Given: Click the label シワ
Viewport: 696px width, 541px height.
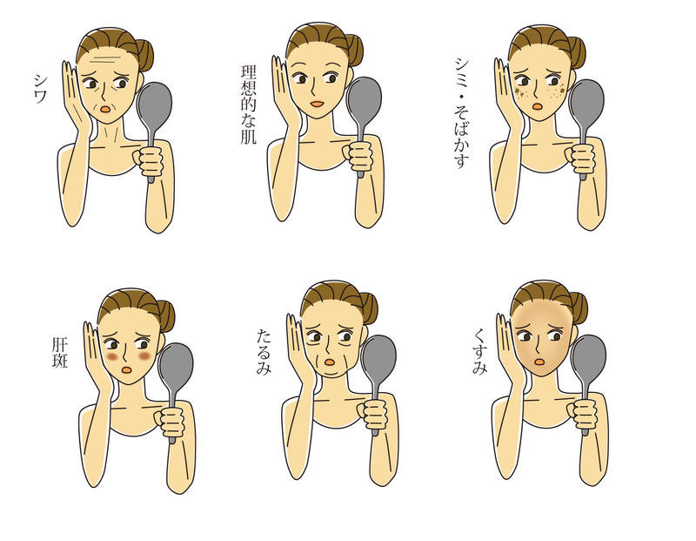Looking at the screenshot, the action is pyautogui.click(x=40, y=89).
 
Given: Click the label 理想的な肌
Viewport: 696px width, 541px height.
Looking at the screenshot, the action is pyautogui.click(x=249, y=105).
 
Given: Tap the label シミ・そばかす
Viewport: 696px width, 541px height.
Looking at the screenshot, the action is pyautogui.click(x=461, y=113).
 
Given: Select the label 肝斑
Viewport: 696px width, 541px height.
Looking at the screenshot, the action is pyautogui.click(x=59, y=353).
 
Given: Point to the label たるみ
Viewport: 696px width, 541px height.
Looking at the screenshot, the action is pyautogui.click(x=264, y=351).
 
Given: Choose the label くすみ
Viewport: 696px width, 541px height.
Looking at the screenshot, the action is pyautogui.click(x=480, y=351).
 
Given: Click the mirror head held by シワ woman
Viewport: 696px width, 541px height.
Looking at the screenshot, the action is pyautogui.click(x=154, y=105).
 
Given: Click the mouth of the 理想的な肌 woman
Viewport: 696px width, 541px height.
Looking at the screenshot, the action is pyautogui.click(x=317, y=104).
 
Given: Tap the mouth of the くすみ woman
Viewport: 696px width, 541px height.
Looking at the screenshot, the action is pyautogui.click(x=539, y=362).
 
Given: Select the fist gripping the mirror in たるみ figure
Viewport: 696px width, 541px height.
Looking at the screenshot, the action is pyautogui.click(x=375, y=415).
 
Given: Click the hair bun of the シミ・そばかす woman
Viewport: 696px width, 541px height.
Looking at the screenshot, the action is pyautogui.click(x=576, y=52).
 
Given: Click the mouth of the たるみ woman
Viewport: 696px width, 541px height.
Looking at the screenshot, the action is pyautogui.click(x=330, y=362).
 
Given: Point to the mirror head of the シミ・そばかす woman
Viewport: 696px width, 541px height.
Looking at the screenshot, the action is pyautogui.click(x=586, y=105).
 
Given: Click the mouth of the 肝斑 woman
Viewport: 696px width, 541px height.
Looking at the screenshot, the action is pyautogui.click(x=126, y=369).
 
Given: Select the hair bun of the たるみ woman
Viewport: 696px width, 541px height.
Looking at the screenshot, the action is pyautogui.click(x=368, y=308).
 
